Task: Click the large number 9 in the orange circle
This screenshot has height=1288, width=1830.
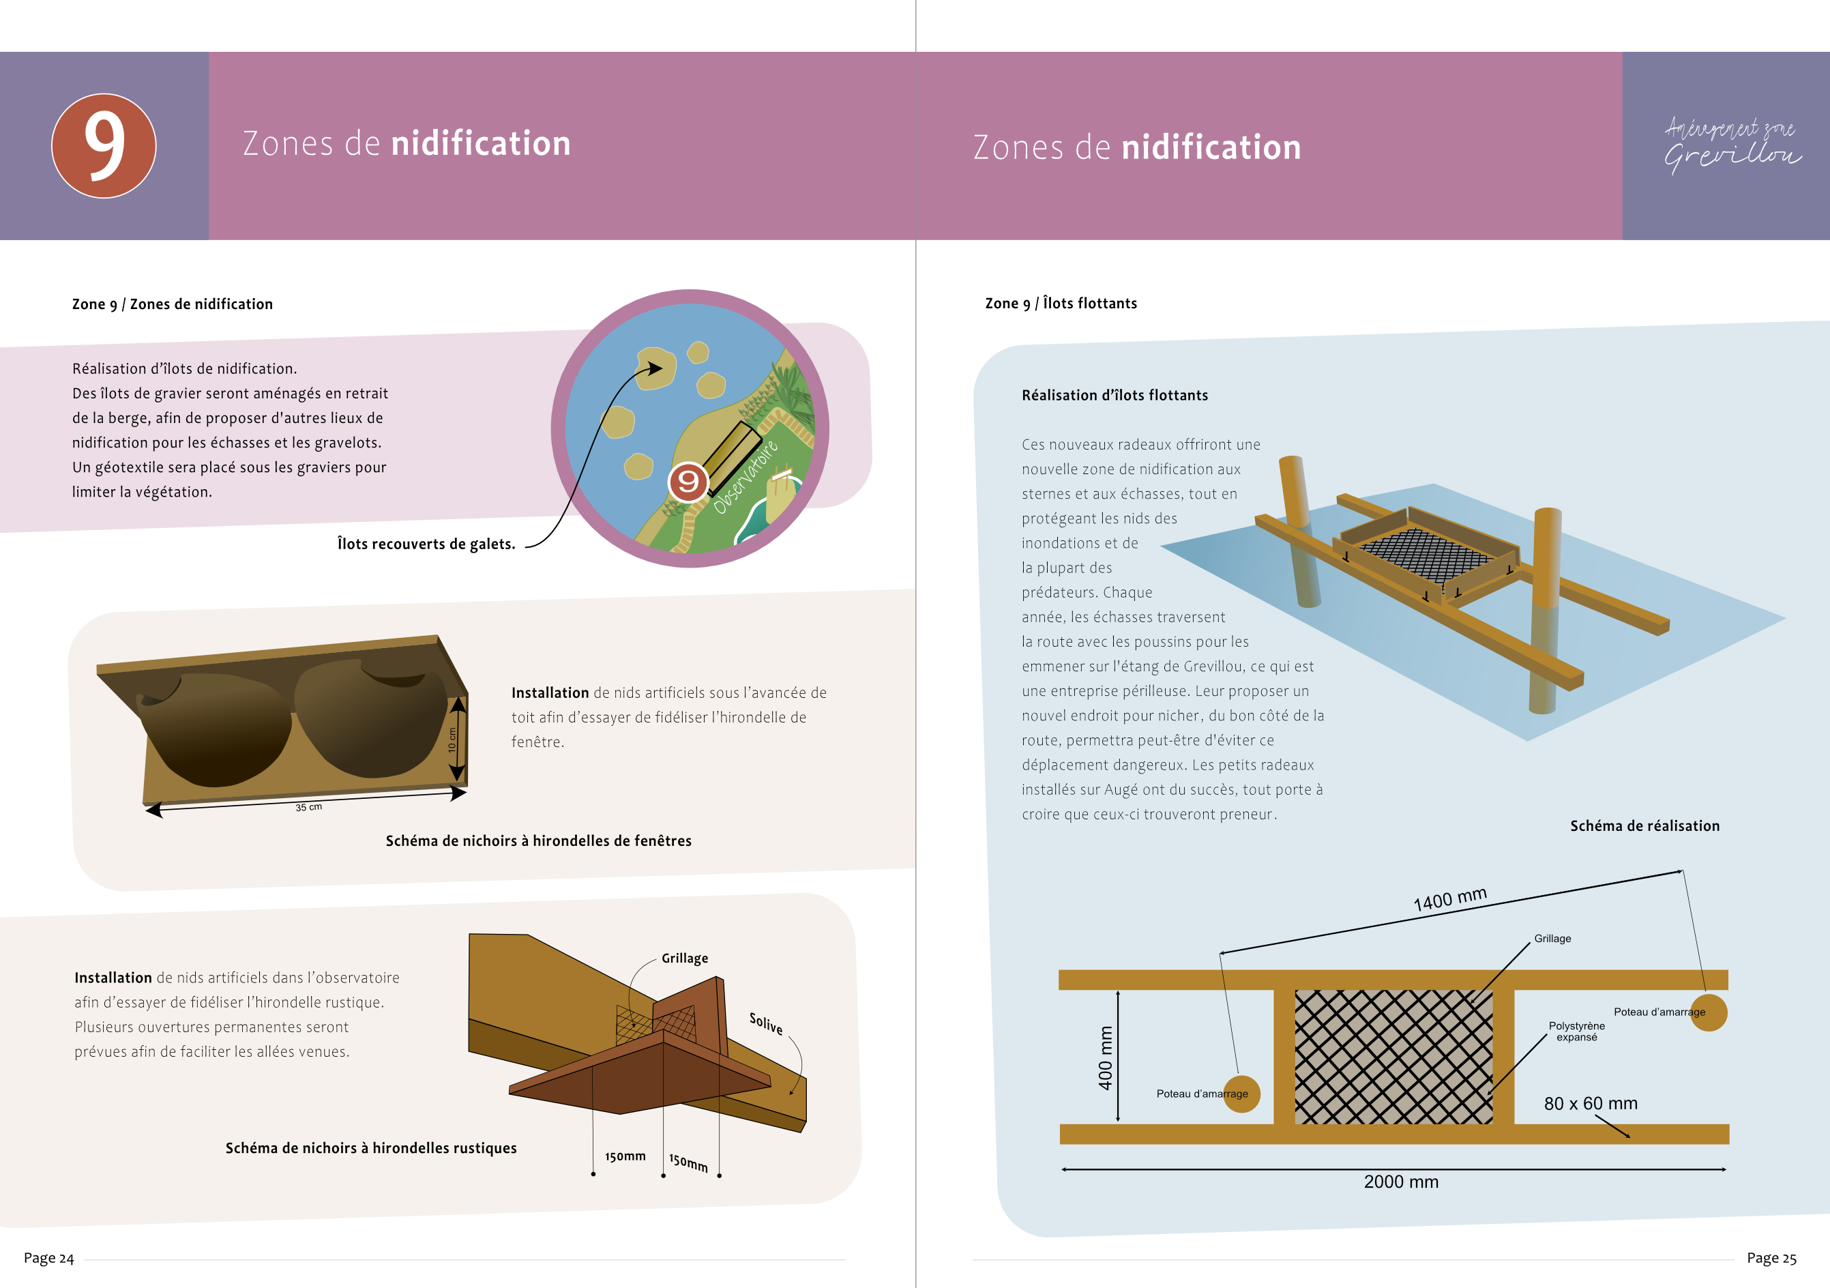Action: [104, 145]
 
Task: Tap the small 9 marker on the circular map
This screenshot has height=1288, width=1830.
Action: [688, 482]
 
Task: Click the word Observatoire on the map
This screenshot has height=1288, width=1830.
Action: [746, 477]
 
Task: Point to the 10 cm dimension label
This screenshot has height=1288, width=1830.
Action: [452, 740]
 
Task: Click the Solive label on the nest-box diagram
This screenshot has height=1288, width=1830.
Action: [766, 1023]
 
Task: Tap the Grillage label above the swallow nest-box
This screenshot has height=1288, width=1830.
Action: [685, 958]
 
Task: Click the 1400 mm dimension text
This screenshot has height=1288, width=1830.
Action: [1450, 900]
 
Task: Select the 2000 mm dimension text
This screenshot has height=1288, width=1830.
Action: [1401, 1182]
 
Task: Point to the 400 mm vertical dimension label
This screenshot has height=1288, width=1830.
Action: [1106, 1057]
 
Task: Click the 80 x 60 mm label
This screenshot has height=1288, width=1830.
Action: [1590, 1104]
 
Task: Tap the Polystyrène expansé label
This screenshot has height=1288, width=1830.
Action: [1576, 1031]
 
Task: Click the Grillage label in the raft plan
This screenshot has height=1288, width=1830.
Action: [1552, 939]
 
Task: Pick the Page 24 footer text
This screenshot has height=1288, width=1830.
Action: [48, 1258]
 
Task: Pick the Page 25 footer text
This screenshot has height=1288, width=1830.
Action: [1771, 1258]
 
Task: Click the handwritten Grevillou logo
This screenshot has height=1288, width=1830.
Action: [1731, 146]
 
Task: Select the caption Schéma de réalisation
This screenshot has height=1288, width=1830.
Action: [1644, 825]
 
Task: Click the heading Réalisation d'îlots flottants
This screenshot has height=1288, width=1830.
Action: [1115, 395]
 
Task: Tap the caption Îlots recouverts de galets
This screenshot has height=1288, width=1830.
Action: [426, 544]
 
